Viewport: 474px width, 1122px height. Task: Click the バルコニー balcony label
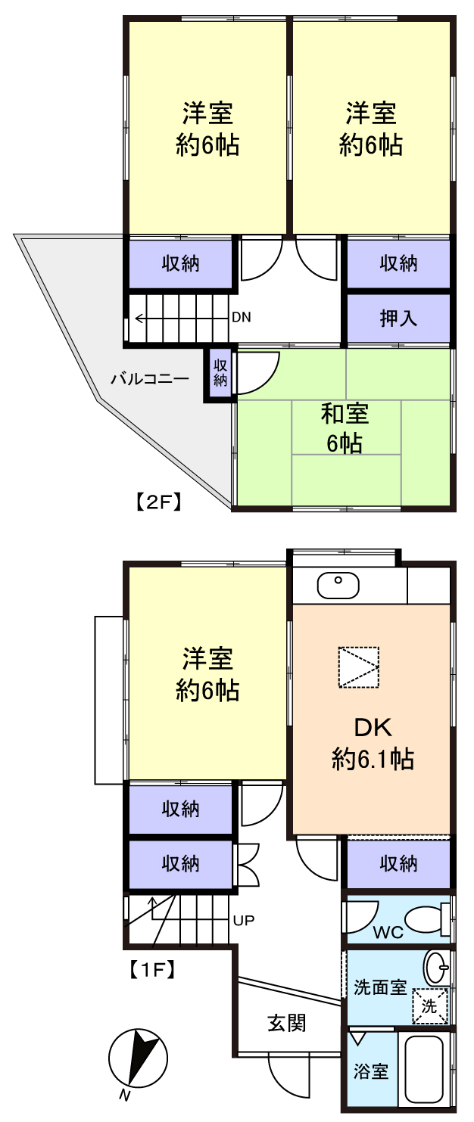[x=150, y=379]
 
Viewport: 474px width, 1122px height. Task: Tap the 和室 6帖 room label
[x=345, y=429]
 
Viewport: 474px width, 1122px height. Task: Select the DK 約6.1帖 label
[x=373, y=743]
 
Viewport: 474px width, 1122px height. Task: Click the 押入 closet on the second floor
[x=398, y=318]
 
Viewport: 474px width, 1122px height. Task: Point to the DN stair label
[x=242, y=318]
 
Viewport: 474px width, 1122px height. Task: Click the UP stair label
[x=244, y=920]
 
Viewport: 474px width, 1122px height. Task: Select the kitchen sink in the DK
[x=338, y=586]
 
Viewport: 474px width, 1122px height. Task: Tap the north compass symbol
[x=138, y=1058]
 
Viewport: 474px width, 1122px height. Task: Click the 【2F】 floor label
[x=157, y=502]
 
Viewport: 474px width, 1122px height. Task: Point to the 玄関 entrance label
[x=287, y=1023]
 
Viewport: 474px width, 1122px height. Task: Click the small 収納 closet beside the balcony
[x=220, y=373]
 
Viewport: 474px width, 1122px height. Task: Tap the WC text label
[x=388, y=932]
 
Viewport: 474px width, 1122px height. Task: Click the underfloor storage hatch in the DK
[x=359, y=667]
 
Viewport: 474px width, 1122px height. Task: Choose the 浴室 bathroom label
[x=371, y=1071]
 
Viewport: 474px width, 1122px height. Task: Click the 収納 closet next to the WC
[x=398, y=864]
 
